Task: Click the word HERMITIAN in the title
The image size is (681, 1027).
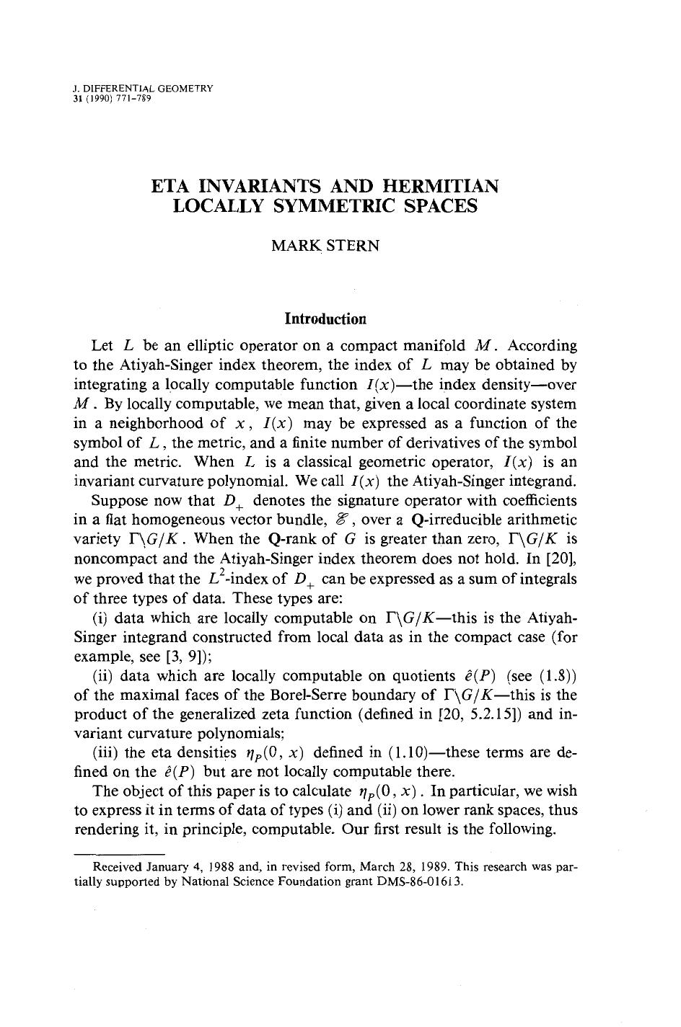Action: coord(440,186)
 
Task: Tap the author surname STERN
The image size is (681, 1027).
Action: coord(353,245)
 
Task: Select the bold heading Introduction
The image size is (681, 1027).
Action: coord(325,319)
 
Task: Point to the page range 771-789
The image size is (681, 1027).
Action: coord(133,98)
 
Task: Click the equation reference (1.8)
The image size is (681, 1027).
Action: coord(559,676)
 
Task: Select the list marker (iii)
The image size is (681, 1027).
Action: coord(105,752)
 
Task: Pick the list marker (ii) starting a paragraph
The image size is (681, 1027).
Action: coord(103,676)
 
